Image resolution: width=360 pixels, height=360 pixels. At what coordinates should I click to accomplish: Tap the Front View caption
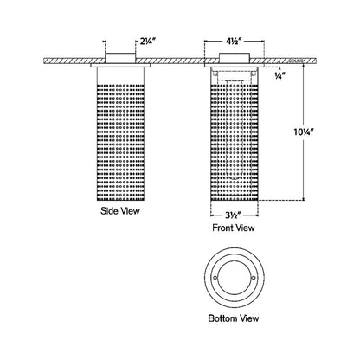click(233, 228)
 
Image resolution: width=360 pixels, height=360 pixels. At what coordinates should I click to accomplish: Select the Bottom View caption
click(233, 318)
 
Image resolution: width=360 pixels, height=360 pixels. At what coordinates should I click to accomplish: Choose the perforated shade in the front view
click(233, 138)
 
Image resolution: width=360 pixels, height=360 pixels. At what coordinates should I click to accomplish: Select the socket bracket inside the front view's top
click(234, 76)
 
